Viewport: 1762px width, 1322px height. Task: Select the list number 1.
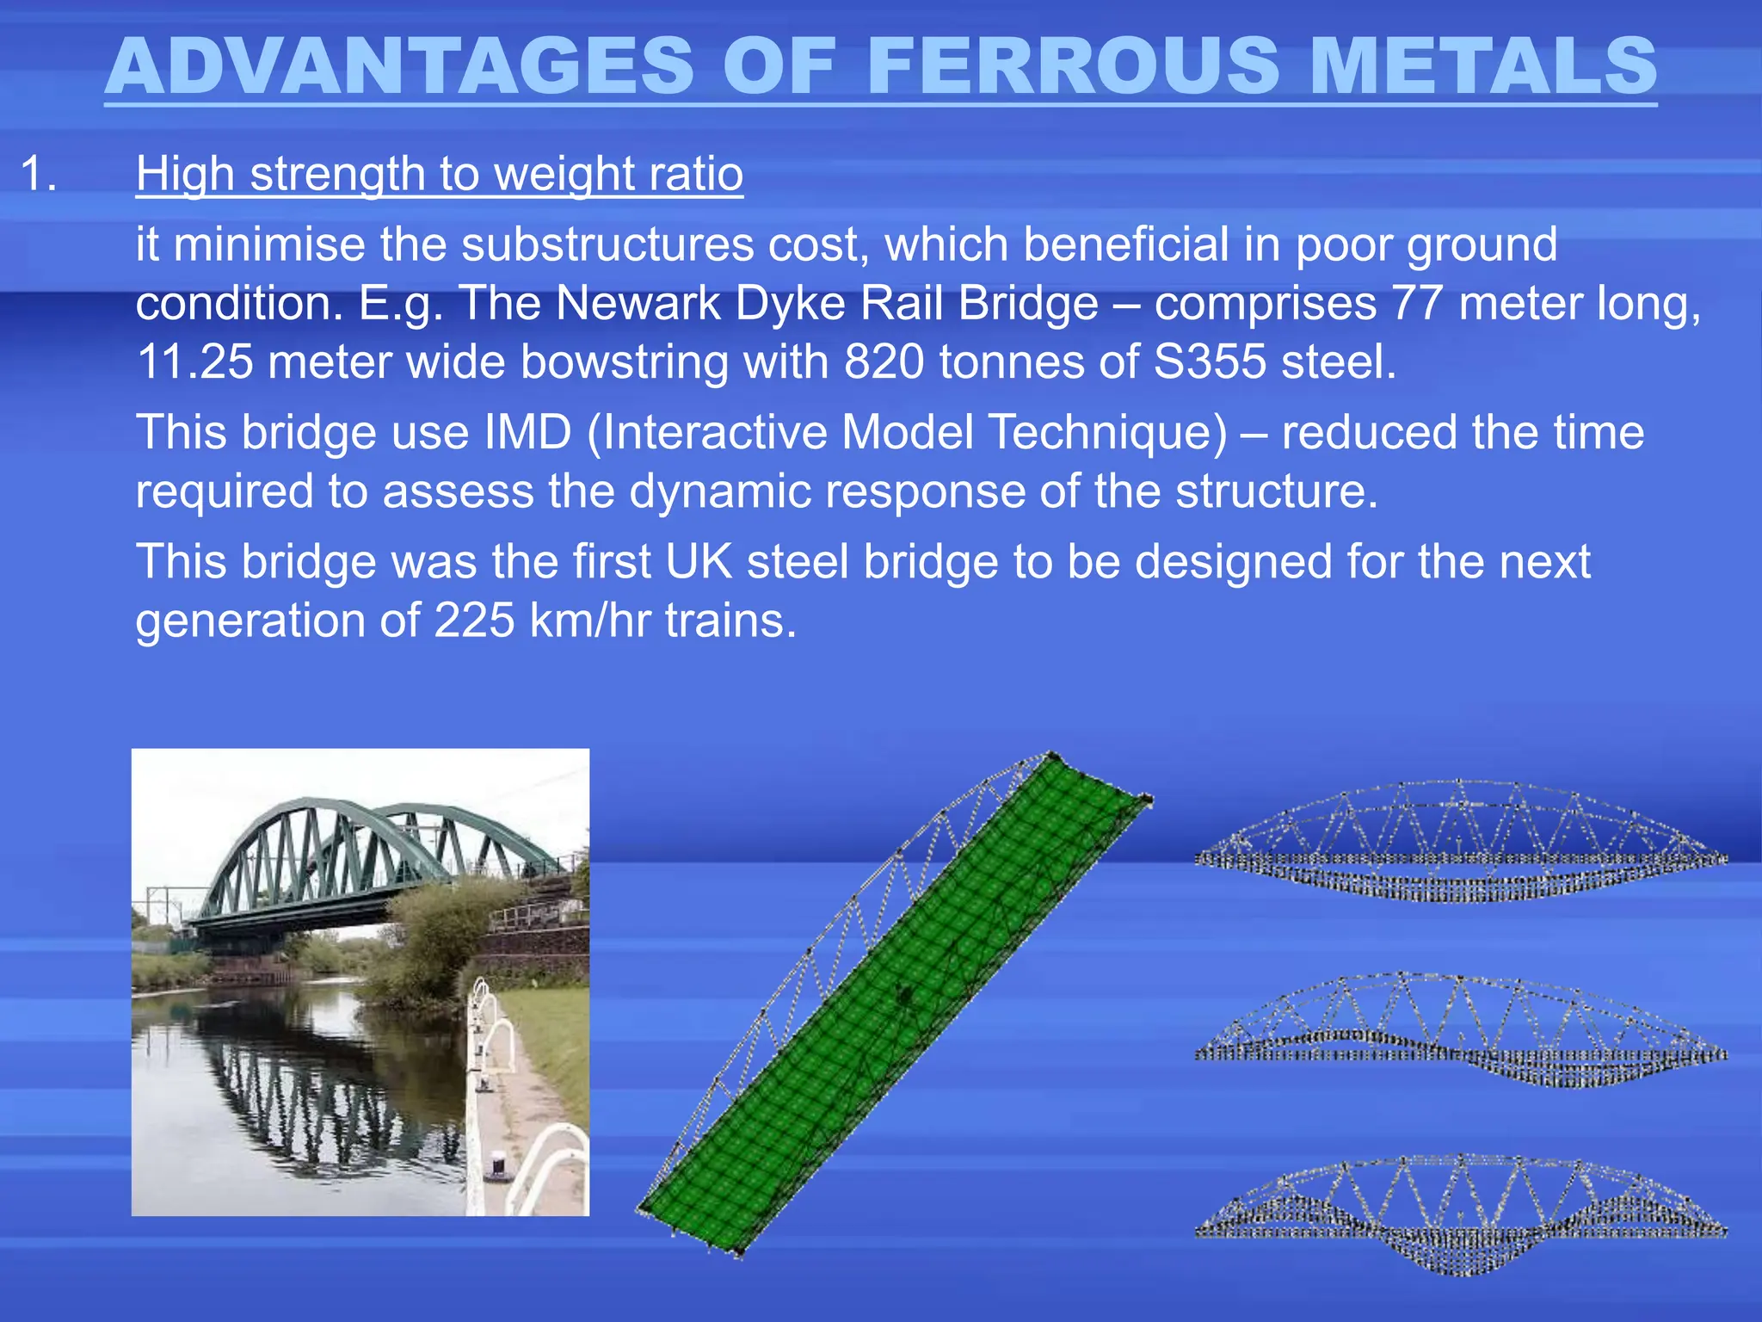click(x=38, y=175)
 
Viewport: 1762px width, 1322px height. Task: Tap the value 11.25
click(x=194, y=361)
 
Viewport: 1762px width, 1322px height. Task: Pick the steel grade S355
click(x=1210, y=361)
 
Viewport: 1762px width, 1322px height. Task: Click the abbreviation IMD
click(x=527, y=432)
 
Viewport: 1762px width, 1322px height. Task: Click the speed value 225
click(x=474, y=621)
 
